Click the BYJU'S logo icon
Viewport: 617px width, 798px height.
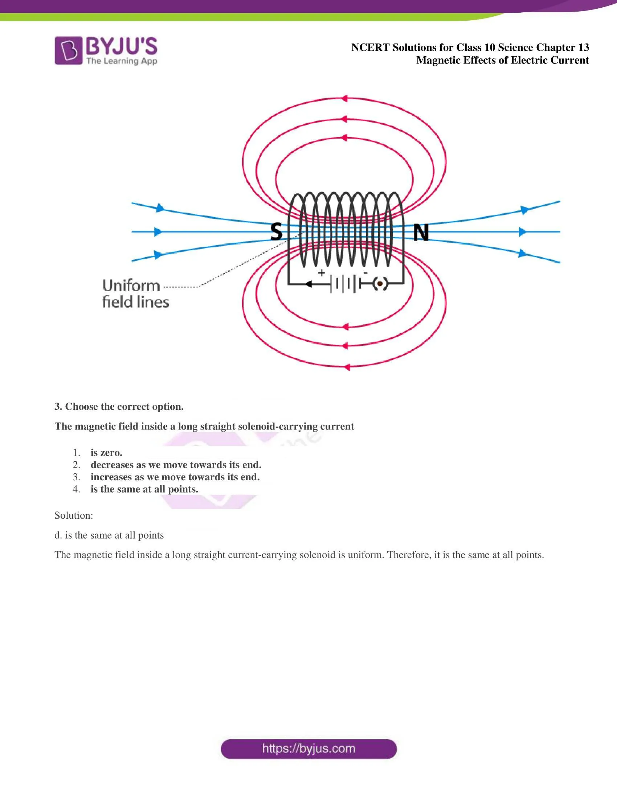click(x=68, y=50)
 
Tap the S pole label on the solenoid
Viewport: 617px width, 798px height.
click(x=276, y=232)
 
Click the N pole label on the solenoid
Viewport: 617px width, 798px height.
click(x=421, y=233)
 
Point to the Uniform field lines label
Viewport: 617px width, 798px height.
click(x=136, y=294)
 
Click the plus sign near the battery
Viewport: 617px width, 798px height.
click(x=321, y=272)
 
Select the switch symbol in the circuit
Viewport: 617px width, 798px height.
click(x=380, y=284)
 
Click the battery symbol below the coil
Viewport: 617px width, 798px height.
click(x=346, y=284)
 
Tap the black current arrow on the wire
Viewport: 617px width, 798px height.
click(x=308, y=284)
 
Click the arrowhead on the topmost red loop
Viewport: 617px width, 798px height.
click(x=344, y=98)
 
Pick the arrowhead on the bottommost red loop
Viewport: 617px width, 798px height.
click(x=347, y=367)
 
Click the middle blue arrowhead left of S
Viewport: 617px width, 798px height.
click(x=158, y=232)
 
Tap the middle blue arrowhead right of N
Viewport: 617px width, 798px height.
click(x=523, y=232)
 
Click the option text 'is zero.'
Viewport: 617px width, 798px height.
click(x=106, y=453)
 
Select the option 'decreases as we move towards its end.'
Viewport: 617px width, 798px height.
click(x=176, y=465)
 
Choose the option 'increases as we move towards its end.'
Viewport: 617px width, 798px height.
click(x=175, y=477)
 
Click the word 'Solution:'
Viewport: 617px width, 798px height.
click(x=74, y=515)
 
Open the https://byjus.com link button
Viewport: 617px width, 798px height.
click(x=309, y=749)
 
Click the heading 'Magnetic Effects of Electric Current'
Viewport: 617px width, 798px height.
click(x=503, y=60)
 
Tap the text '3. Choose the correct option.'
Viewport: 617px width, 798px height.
click(x=119, y=407)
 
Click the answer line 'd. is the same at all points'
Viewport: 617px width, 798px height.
click(x=109, y=535)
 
